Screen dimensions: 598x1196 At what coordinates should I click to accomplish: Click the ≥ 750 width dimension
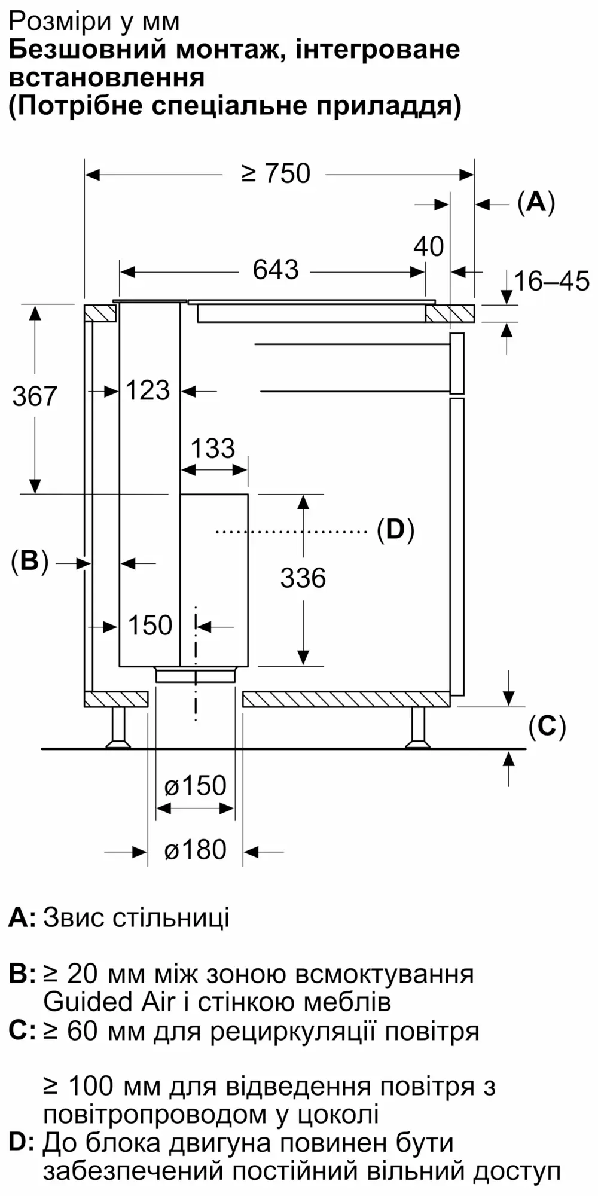click(276, 173)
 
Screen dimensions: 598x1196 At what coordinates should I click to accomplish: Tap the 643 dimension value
click(276, 270)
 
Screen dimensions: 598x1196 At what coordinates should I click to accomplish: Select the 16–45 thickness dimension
click(551, 281)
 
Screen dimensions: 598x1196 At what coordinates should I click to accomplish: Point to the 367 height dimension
click(35, 396)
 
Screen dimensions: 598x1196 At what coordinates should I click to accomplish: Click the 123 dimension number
click(148, 390)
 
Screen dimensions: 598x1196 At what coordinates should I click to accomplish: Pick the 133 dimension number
click(213, 448)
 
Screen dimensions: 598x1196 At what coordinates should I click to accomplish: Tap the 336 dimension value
click(303, 578)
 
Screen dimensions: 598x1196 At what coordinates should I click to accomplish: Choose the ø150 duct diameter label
click(196, 786)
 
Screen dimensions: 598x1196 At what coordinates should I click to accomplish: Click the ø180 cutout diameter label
click(196, 850)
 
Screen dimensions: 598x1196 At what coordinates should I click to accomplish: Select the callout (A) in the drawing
click(536, 202)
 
